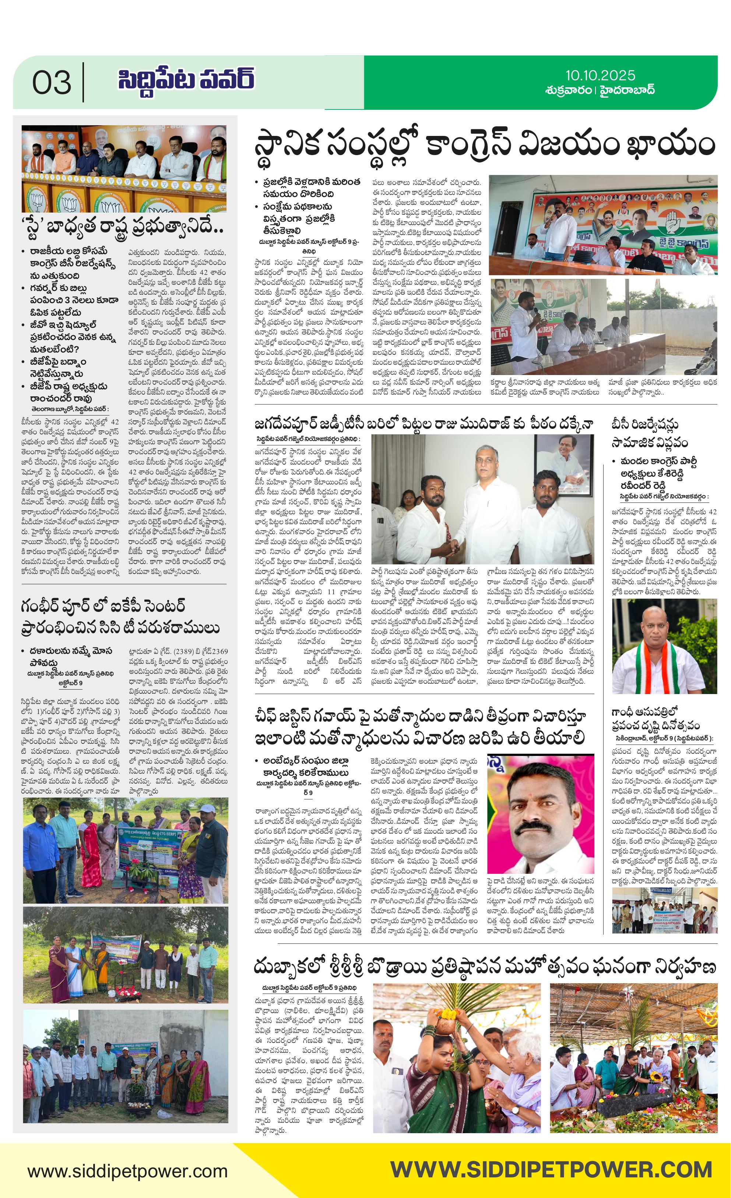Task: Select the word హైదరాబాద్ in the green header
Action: coord(627,90)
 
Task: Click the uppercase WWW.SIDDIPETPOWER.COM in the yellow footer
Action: coord(551,1170)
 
